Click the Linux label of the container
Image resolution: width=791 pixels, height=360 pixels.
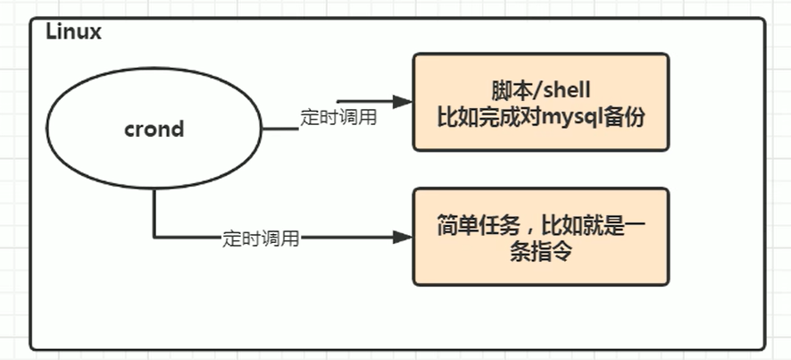point(74,32)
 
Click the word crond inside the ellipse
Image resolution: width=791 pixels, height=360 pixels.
point(154,129)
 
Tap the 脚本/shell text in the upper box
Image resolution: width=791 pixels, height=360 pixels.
point(541,91)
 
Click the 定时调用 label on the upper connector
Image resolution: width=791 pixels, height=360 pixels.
point(337,118)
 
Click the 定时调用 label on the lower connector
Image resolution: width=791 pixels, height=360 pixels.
point(261,239)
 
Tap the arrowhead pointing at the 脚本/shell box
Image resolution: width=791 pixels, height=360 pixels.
point(404,102)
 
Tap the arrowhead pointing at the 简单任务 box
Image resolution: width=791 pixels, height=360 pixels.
point(404,238)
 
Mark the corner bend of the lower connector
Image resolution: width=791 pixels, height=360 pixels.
point(154,238)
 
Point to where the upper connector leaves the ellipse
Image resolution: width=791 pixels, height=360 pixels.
point(263,130)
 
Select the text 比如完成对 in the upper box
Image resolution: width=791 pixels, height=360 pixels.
point(487,116)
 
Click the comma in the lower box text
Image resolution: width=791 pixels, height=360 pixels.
point(520,228)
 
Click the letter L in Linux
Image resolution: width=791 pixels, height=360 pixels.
point(51,32)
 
